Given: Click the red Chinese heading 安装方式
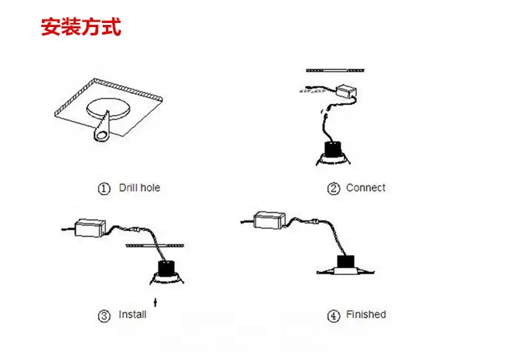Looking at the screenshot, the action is (81, 27).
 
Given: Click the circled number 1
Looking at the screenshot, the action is (104, 188).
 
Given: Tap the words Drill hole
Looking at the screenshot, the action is (139, 188).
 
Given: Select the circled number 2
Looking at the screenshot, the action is (333, 188).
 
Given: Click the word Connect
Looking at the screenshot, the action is (366, 188).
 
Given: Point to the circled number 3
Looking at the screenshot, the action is (104, 315).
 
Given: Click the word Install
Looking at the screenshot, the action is (132, 315).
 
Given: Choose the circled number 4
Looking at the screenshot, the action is (333, 315).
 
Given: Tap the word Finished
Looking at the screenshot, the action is (366, 315).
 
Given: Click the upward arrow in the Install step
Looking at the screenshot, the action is (155, 302).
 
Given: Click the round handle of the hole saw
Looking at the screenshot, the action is (101, 136).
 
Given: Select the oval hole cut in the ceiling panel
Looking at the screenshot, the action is (109, 109).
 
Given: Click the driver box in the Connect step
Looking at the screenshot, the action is (346, 91).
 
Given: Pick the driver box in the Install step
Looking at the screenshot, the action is (90, 228).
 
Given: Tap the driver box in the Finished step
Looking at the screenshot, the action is (269, 220).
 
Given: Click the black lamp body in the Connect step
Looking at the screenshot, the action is (333, 150).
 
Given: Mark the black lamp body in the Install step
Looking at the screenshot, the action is (167, 267).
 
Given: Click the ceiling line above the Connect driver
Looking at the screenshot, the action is (335, 70).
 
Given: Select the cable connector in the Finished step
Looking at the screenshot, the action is (314, 222).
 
